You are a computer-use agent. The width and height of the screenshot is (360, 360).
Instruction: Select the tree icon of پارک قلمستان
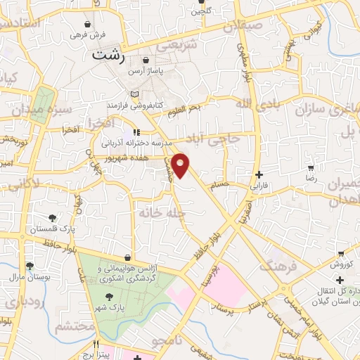pos(53,217)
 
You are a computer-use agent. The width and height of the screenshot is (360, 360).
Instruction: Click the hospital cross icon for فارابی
pos(259,174)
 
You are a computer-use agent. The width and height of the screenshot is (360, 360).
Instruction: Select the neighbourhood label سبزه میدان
pos(44,110)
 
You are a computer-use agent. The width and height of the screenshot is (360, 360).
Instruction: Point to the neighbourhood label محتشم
pos(70,326)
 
